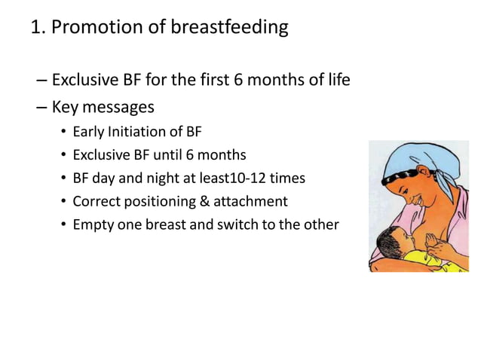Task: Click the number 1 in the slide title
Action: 35,28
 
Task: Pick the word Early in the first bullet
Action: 87,133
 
